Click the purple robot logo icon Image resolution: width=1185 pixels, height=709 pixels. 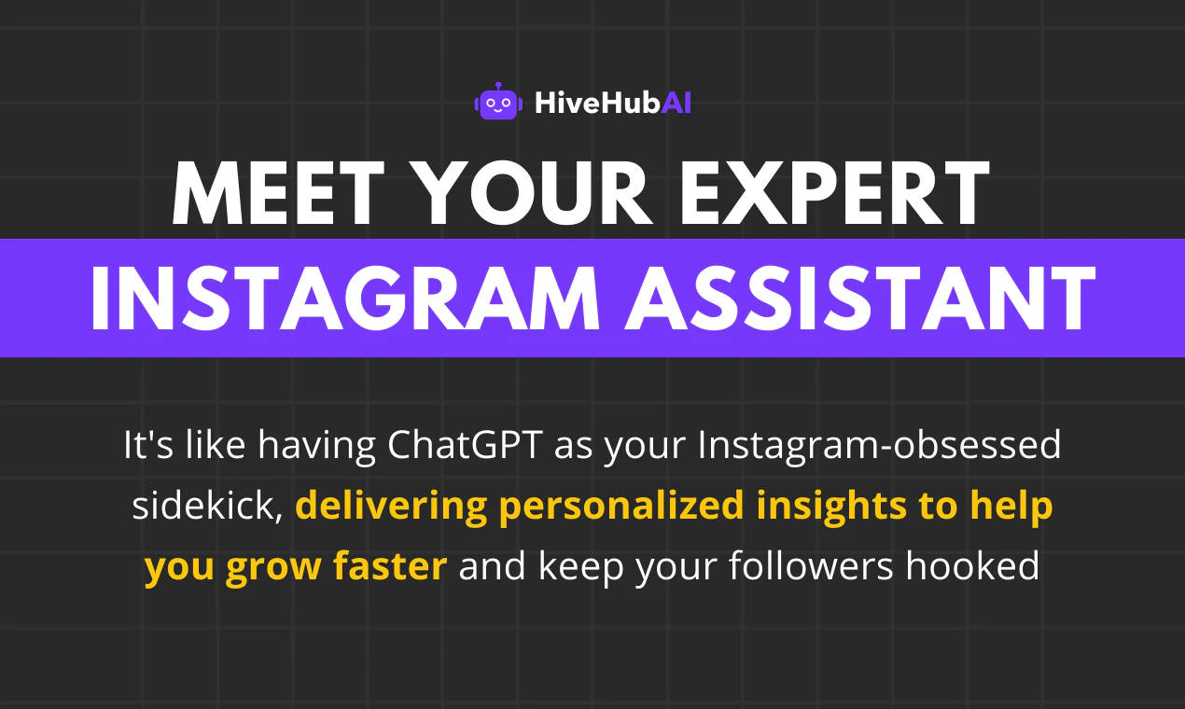(498, 101)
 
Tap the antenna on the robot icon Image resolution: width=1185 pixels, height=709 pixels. (498, 86)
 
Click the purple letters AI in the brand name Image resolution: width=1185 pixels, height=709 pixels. (676, 103)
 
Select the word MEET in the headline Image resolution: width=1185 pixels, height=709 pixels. (278, 193)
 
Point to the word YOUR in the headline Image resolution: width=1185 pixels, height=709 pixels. (536, 193)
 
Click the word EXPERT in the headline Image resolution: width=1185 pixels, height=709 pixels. (835, 193)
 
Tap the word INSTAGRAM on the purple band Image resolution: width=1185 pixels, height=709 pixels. (345, 299)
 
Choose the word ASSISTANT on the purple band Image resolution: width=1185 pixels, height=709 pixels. (860, 299)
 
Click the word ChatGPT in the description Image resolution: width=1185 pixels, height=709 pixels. (466, 444)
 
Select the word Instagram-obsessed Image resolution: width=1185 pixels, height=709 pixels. (879, 447)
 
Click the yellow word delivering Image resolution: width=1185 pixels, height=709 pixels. (392, 507)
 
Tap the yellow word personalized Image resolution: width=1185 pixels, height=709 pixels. (621, 507)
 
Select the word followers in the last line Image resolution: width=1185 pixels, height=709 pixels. (811, 565)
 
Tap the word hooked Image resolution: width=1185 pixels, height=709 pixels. (972, 565)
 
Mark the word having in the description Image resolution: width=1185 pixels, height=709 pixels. (317, 447)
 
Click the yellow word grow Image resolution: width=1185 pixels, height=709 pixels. (273, 569)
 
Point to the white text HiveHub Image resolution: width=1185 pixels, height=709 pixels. (597, 103)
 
